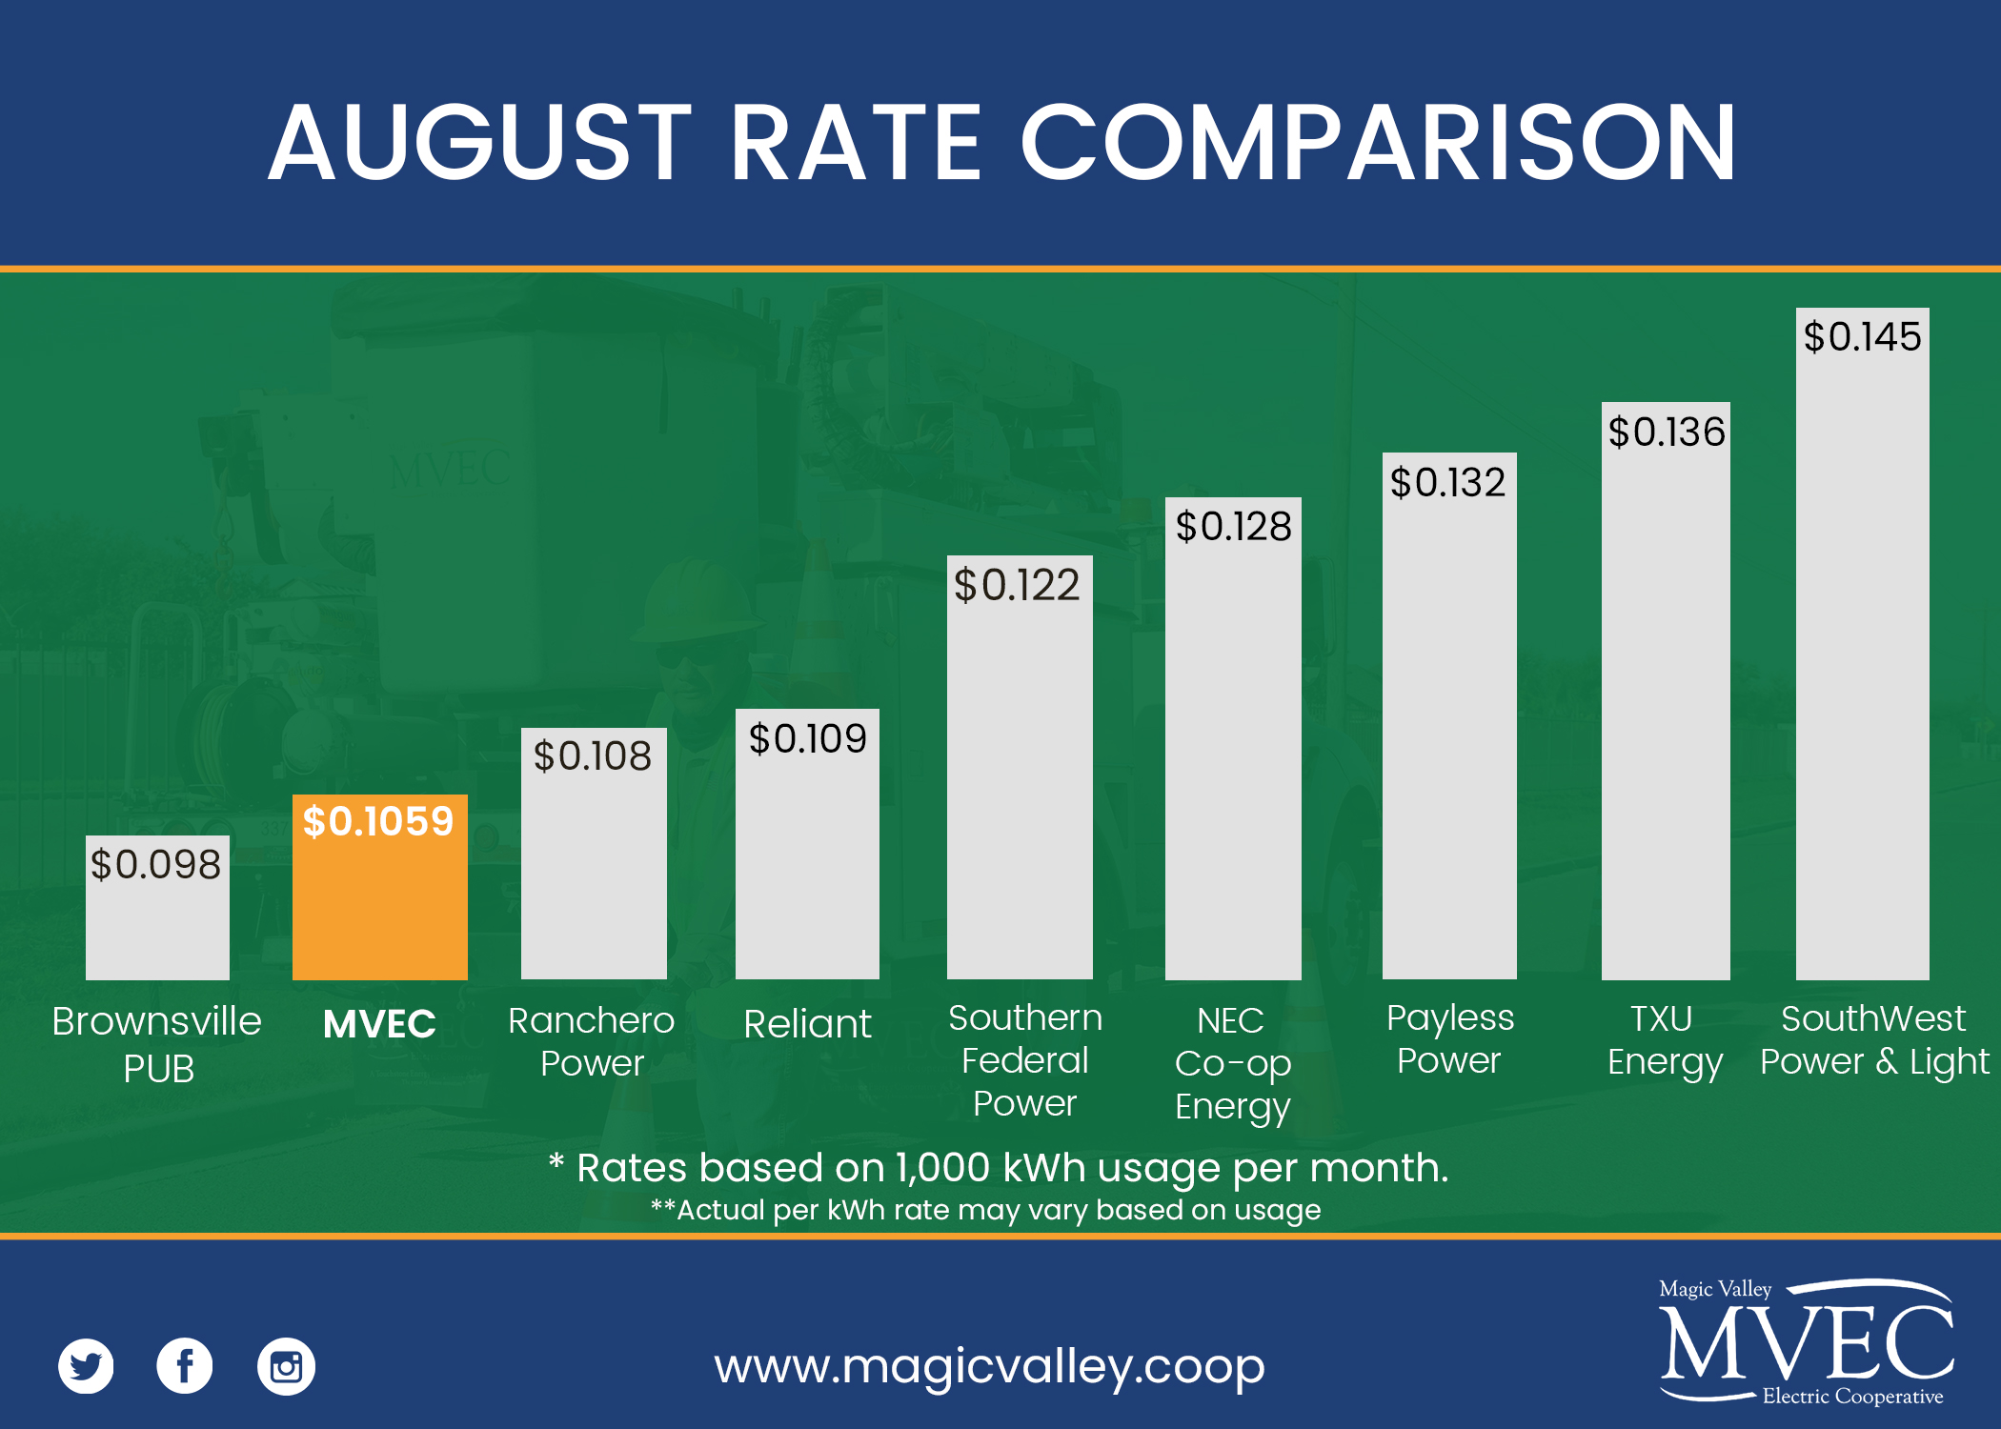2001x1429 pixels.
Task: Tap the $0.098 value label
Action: [x=155, y=864]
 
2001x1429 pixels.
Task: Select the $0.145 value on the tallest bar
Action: [x=1862, y=336]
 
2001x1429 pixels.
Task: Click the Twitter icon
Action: [x=86, y=1366]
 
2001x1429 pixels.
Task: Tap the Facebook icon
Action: [x=185, y=1366]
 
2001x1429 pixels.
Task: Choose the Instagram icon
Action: [x=286, y=1367]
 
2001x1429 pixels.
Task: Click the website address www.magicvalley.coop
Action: [x=989, y=1366]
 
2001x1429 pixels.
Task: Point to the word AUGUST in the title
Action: [x=479, y=143]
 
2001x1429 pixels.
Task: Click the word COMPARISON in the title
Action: [x=1378, y=143]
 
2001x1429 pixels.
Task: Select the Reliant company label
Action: [x=807, y=1024]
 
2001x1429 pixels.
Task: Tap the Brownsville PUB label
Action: [x=157, y=1044]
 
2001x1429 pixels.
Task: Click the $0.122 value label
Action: [x=1017, y=584]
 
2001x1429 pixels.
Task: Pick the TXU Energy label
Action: [x=1664, y=1040]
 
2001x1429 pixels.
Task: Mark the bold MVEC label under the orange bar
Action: [x=379, y=1024]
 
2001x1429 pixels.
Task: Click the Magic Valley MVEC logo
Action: [x=1806, y=1341]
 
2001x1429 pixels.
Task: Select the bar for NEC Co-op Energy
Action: [x=1233, y=762]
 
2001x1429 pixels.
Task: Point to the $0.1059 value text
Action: [x=378, y=821]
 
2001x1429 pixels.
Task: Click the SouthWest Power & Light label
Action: [x=1873, y=1040]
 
